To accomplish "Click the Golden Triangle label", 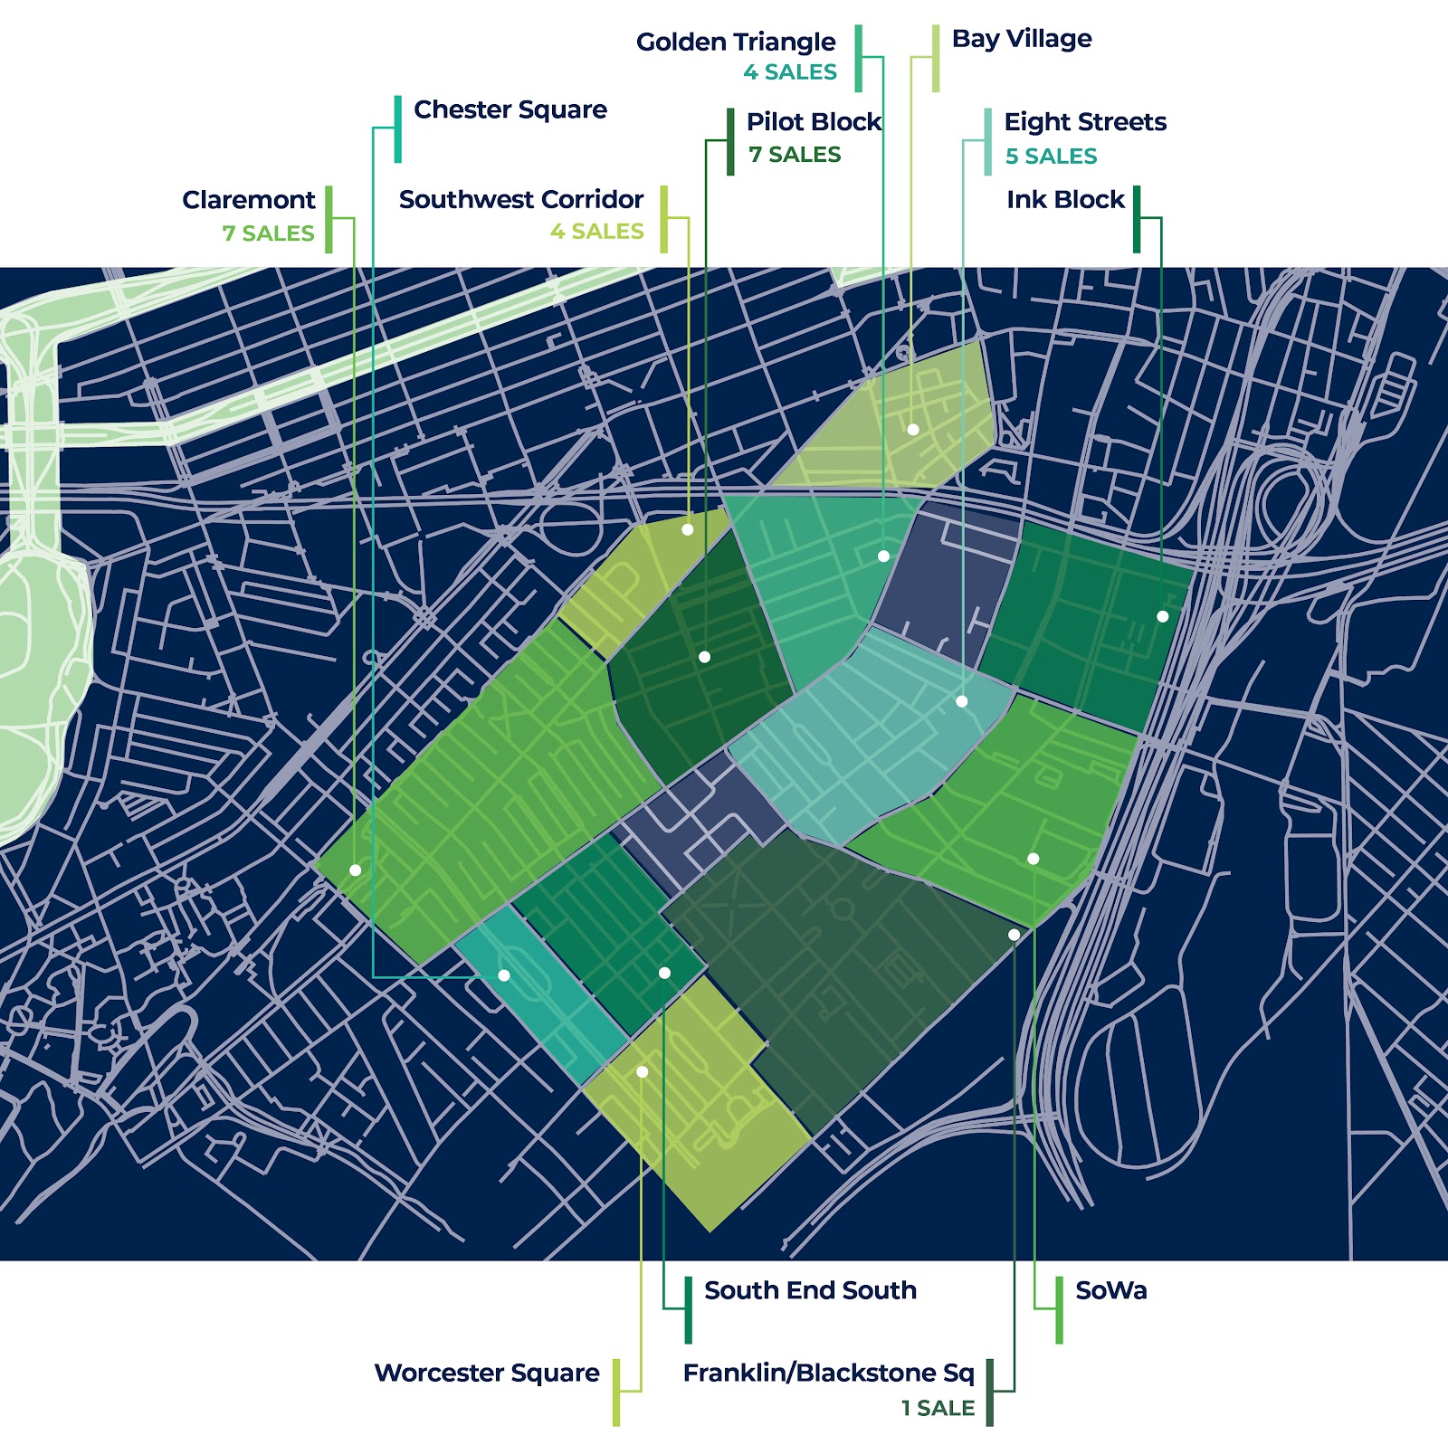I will tap(736, 42).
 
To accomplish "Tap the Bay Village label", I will tap(1022, 39).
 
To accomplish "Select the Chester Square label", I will tap(510, 109).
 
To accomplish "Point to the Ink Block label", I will tap(1065, 199).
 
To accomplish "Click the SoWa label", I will tap(1111, 1290).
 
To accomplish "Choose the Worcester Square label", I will tap(487, 1373).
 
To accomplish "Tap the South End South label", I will tap(810, 1290).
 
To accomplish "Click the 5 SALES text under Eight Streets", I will tap(1051, 157).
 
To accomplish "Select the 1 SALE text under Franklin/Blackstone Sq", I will tap(938, 1408).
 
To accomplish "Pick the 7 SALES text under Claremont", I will tap(268, 233).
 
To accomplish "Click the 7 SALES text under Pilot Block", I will tap(795, 155).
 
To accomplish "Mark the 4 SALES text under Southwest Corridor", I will tap(597, 232).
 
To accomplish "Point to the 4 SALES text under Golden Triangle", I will tap(790, 72).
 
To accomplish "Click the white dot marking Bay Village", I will tap(913, 430).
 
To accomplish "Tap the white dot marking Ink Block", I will tap(1163, 616).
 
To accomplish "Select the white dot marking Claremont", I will tap(356, 870).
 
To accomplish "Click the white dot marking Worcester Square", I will tap(643, 1072).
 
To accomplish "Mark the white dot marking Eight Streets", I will tap(962, 701).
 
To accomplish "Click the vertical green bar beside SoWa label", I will tap(1059, 1309).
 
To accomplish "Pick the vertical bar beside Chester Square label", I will tap(398, 128).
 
